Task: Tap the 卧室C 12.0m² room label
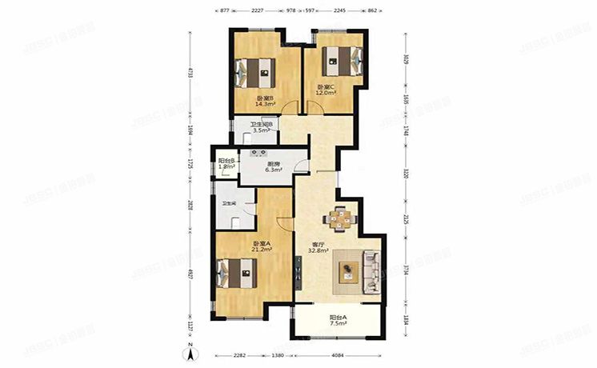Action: point(327,90)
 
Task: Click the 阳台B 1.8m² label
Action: point(226,163)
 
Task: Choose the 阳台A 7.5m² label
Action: point(339,321)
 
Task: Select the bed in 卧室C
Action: point(339,59)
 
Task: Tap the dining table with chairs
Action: point(340,218)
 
